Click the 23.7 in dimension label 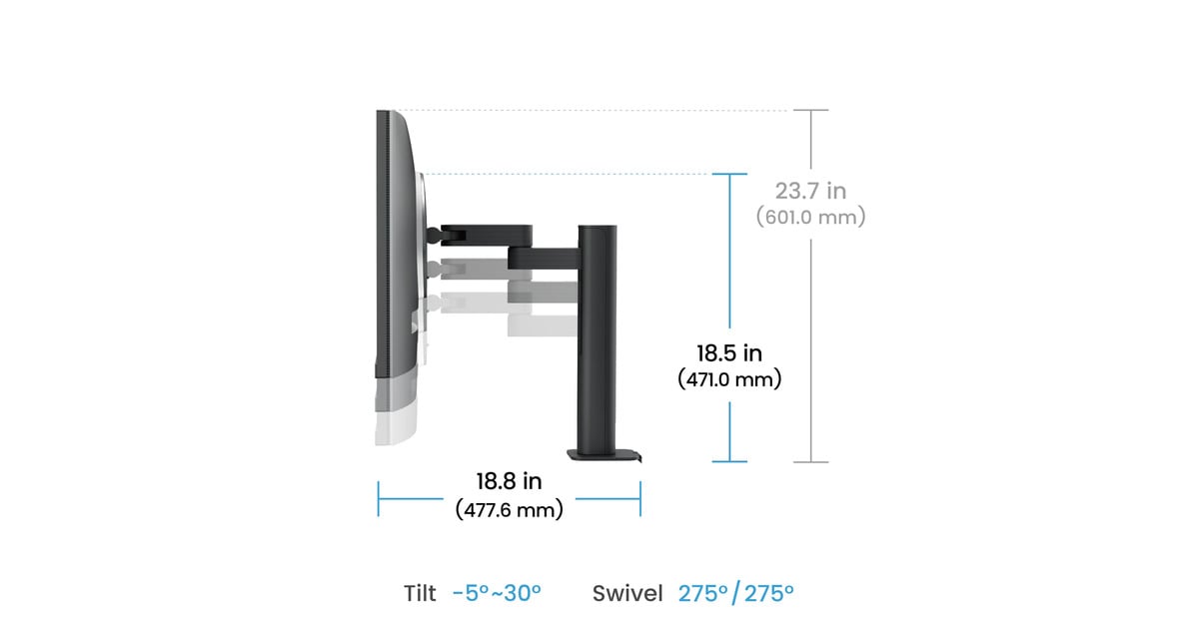coord(810,191)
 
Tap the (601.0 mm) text coord(810,217)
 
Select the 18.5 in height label coord(729,353)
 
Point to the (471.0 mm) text coord(729,379)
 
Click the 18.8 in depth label coord(509,481)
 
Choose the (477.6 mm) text coord(509,509)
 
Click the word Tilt coord(420,593)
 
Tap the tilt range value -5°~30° coord(497,593)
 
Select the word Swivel coord(627,593)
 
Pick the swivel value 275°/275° coord(736,593)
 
